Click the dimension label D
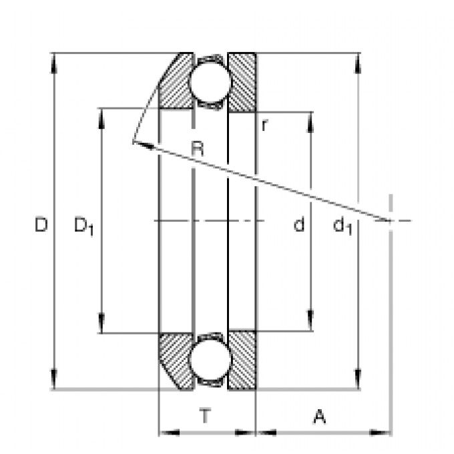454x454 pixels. point(41,225)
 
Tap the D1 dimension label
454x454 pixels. point(84,226)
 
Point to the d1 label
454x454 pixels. point(343,226)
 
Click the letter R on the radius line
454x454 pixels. point(198,148)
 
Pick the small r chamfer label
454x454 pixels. point(264,126)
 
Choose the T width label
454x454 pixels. point(205,415)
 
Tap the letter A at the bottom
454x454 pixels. point(320,417)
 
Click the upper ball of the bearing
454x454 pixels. point(210,81)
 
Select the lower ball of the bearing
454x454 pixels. point(210,360)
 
